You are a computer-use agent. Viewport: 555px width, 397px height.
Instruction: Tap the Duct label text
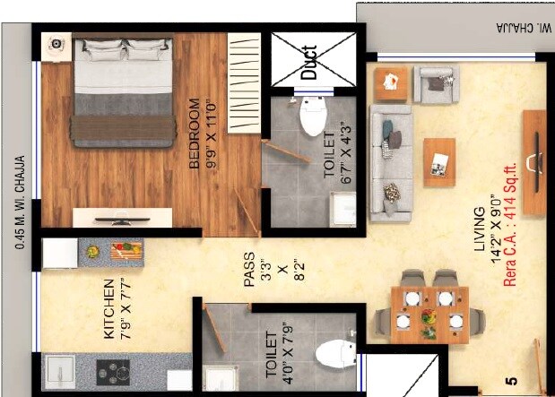pos(308,63)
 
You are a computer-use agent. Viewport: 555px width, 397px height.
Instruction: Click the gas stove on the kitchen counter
pos(113,370)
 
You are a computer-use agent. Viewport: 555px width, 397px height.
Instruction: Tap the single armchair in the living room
pos(436,84)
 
